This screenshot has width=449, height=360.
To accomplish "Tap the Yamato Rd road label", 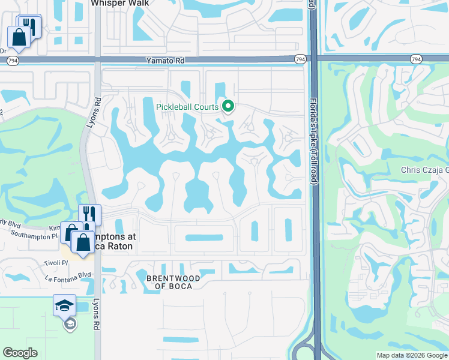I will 164,61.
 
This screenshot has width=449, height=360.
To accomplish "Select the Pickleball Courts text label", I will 187,107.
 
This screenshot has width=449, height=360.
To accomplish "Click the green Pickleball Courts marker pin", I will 228,107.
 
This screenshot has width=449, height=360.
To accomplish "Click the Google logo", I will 20,352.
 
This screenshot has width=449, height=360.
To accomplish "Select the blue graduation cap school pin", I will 65,305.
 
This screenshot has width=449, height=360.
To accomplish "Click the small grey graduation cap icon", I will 70,324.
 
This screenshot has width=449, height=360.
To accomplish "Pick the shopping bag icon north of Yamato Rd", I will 19,37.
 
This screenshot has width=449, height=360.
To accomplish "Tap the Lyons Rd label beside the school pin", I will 96,313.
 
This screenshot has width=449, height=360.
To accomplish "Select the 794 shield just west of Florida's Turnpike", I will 300,59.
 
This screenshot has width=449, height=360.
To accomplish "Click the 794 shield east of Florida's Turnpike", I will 416,59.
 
